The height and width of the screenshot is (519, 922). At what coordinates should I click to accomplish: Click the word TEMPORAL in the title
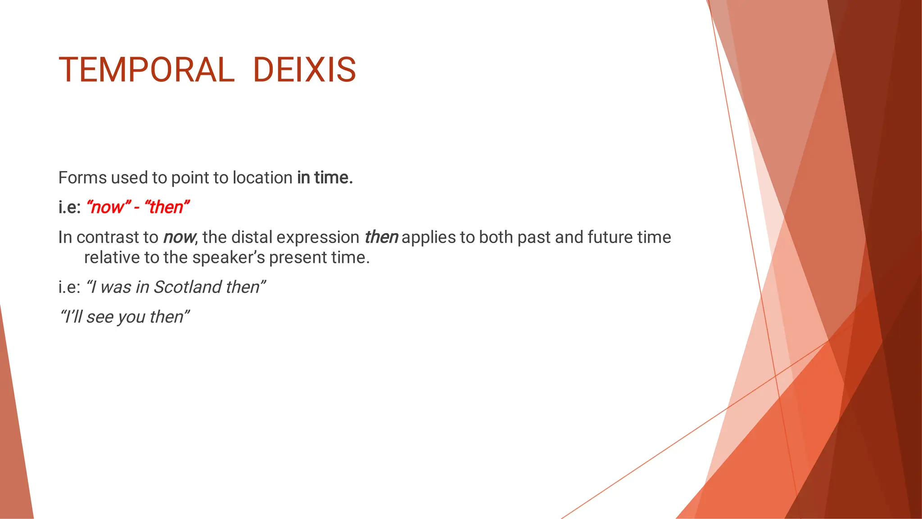point(147,70)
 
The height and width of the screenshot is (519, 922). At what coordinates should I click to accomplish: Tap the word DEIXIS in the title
point(304,70)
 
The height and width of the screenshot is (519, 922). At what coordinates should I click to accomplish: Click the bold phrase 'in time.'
point(325,178)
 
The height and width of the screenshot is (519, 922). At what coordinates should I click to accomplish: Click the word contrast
point(117,237)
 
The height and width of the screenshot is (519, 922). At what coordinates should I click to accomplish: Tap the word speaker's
point(228,257)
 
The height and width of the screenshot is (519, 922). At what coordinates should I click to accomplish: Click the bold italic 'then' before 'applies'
point(381,237)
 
